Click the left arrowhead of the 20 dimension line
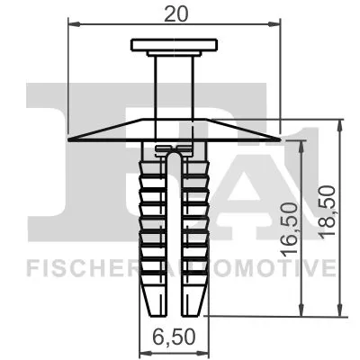click(x=73, y=25)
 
